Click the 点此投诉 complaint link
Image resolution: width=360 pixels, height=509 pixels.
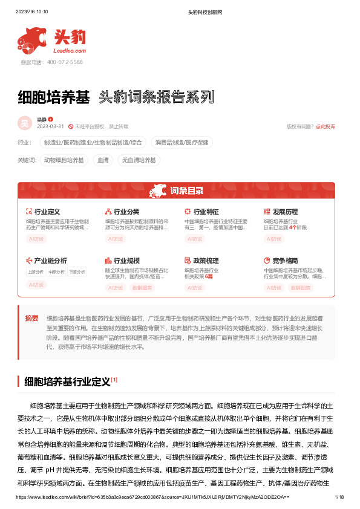click(x=326, y=126)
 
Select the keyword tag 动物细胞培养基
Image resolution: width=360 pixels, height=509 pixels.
click(x=64, y=160)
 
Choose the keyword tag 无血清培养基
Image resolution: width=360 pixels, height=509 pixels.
click(x=139, y=160)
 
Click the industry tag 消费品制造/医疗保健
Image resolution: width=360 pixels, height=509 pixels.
click(x=182, y=143)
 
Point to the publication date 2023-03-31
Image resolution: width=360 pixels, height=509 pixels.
click(x=51, y=126)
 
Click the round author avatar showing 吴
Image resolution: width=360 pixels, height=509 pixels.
click(x=25, y=123)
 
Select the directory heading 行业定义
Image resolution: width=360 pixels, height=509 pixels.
click(x=47, y=212)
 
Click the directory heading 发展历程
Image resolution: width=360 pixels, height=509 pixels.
click(x=285, y=212)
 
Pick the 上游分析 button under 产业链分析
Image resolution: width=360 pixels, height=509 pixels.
click(x=36, y=272)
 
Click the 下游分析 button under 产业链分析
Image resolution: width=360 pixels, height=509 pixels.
click(x=77, y=272)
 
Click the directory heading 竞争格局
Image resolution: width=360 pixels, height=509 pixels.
click(x=285, y=261)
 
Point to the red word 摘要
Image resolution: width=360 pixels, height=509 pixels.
click(x=31, y=318)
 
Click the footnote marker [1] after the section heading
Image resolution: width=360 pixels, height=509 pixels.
click(x=114, y=380)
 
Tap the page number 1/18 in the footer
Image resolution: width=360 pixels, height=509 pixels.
click(x=339, y=497)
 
